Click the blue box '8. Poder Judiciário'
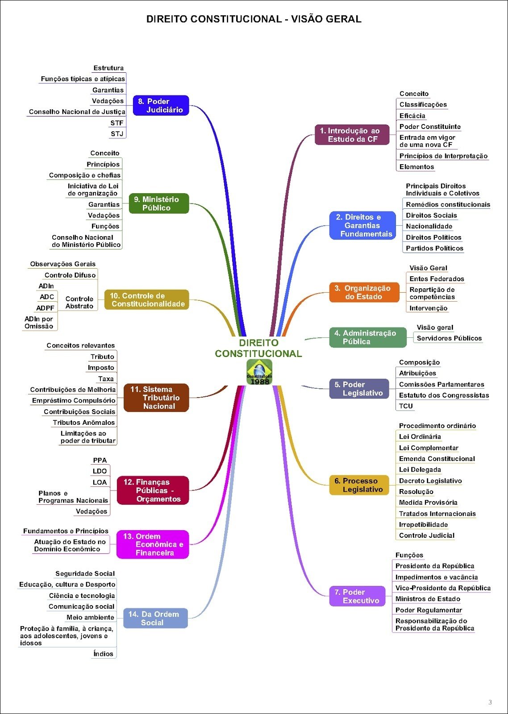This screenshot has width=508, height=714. coord(161,105)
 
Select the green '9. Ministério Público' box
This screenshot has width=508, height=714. coord(159,203)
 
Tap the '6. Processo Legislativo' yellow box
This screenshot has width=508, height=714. coord(359,485)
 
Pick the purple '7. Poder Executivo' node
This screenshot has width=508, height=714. coord(357,596)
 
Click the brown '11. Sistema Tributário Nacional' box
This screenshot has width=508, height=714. coord(156,398)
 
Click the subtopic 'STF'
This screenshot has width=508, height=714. coord(117,123)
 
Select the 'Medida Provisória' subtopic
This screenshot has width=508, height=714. coord(428,502)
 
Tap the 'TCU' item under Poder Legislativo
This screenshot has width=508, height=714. coord(406,406)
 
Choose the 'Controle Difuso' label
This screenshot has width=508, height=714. coord(70,275)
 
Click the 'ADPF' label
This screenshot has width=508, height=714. coord(45,308)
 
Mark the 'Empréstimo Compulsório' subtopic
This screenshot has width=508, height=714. coord(74,401)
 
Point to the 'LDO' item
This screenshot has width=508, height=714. coord(100,471)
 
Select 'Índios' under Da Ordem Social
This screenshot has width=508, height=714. coord(103,654)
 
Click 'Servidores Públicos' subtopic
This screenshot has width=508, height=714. coord(449,338)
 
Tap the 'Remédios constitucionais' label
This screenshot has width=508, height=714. coord(448,204)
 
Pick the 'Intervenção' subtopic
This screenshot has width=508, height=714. coord(428,308)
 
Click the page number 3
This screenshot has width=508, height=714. coord(490,702)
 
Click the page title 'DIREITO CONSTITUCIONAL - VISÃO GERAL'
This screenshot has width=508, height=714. coord(254,19)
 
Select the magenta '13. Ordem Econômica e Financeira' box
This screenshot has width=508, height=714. coord(153,544)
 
